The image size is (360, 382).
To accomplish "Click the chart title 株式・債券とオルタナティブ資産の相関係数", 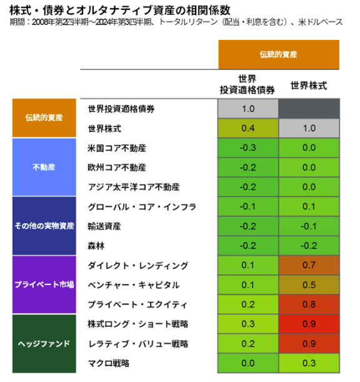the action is tap(119, 10).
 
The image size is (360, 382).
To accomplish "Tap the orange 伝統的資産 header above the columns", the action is tap(279, 54).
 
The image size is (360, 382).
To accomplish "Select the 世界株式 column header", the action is tap(309, 86).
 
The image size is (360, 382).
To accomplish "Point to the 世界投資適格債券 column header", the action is tap(247, 84).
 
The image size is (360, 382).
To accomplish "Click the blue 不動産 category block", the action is tap(44, 167).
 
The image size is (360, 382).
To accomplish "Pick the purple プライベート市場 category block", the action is tap(44, 284).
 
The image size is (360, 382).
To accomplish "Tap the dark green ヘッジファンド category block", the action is tap(44, 343).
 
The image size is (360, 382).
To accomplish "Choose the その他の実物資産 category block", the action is tap(44, 226).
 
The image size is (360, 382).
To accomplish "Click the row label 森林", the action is tap(96, 246).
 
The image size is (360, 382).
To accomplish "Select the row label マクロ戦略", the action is tap(108, 363).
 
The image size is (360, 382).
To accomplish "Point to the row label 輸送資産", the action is tap(104, 226).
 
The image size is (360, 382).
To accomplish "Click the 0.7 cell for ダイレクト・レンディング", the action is tap(309, 265).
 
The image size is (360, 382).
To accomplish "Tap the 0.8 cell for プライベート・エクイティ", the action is tap(309, 304).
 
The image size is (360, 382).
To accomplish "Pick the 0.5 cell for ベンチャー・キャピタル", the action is tap(309, 285).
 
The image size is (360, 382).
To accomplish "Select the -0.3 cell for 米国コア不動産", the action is tap(248, 148).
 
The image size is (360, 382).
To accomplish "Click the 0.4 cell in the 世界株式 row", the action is tap(248, 128).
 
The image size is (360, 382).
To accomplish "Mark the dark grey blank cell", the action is tap(309, 108).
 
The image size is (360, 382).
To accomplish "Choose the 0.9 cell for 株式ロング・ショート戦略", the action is tap(309, 324).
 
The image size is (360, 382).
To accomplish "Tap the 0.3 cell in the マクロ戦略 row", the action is tap(309, 363).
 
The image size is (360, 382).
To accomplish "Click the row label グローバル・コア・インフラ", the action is tap(142, 207).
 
